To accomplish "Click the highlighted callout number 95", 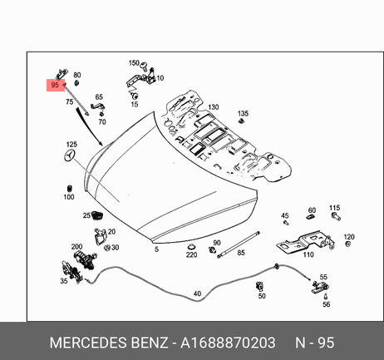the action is (x=55, y=85).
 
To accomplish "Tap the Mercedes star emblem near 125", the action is (x=70, y=155).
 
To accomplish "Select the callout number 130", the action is (x=213, y=107).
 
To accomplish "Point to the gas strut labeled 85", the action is (x=239, y=244).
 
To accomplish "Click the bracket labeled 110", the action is (x=305, y=241).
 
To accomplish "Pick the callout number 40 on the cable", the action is (x=197, y=293).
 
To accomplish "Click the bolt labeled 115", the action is (x=336, y=216).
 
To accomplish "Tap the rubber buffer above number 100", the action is (x=69, y=189).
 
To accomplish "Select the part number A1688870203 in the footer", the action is (x=228, y=343).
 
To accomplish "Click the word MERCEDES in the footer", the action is (x=89, y=343).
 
